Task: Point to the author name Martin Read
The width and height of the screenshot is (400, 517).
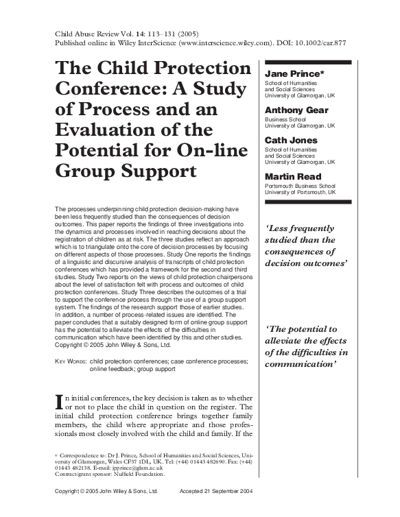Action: click(x=293, y=176)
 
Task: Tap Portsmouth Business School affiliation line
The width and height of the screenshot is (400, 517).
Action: click(x=300, y=186)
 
